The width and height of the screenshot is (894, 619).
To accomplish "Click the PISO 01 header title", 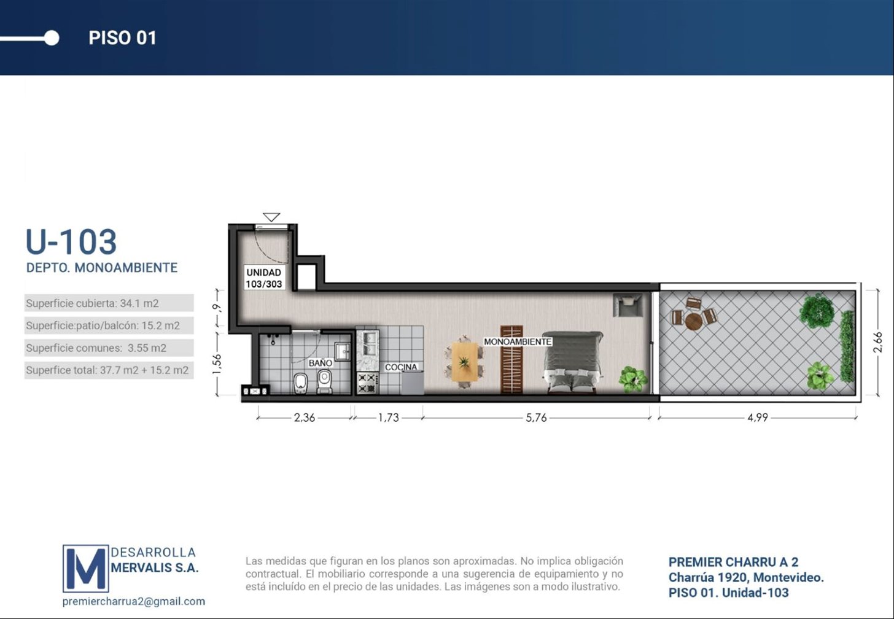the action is coord(122,38).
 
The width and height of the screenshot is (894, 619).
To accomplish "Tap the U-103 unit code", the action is coord(71,242).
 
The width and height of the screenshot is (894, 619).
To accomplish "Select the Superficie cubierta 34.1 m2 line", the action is coord(92,303).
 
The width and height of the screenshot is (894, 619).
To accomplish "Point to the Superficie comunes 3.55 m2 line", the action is coord(96,348).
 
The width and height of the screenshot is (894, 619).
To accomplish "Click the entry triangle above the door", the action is coord(271,217).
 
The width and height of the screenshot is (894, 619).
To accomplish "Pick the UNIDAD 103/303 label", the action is coord(264,278).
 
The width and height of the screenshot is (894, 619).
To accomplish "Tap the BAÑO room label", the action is coord(320,363).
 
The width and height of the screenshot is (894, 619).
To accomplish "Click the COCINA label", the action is coord(401,367).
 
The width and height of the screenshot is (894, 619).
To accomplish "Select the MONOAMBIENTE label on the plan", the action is coord(518,341).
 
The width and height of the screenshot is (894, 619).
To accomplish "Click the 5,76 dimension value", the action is coord(536,418).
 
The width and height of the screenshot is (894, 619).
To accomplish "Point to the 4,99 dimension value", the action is coord(758,418).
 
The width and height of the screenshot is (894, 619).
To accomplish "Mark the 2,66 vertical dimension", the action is coord(877,343).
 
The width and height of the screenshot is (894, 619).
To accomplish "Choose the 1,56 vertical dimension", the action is coord(217,364).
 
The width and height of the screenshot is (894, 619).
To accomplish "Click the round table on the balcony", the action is coord(694,321).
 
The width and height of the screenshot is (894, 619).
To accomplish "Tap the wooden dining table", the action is coord(464,362).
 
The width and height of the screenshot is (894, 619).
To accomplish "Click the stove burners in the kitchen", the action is coord(367,383).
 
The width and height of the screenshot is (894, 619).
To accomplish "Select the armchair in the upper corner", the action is coord(628,305).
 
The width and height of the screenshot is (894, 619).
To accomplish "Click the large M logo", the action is coord(86,568).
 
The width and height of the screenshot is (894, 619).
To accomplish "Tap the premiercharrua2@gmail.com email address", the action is coord(134,601).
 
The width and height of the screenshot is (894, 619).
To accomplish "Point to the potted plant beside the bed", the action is coord(632,379).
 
